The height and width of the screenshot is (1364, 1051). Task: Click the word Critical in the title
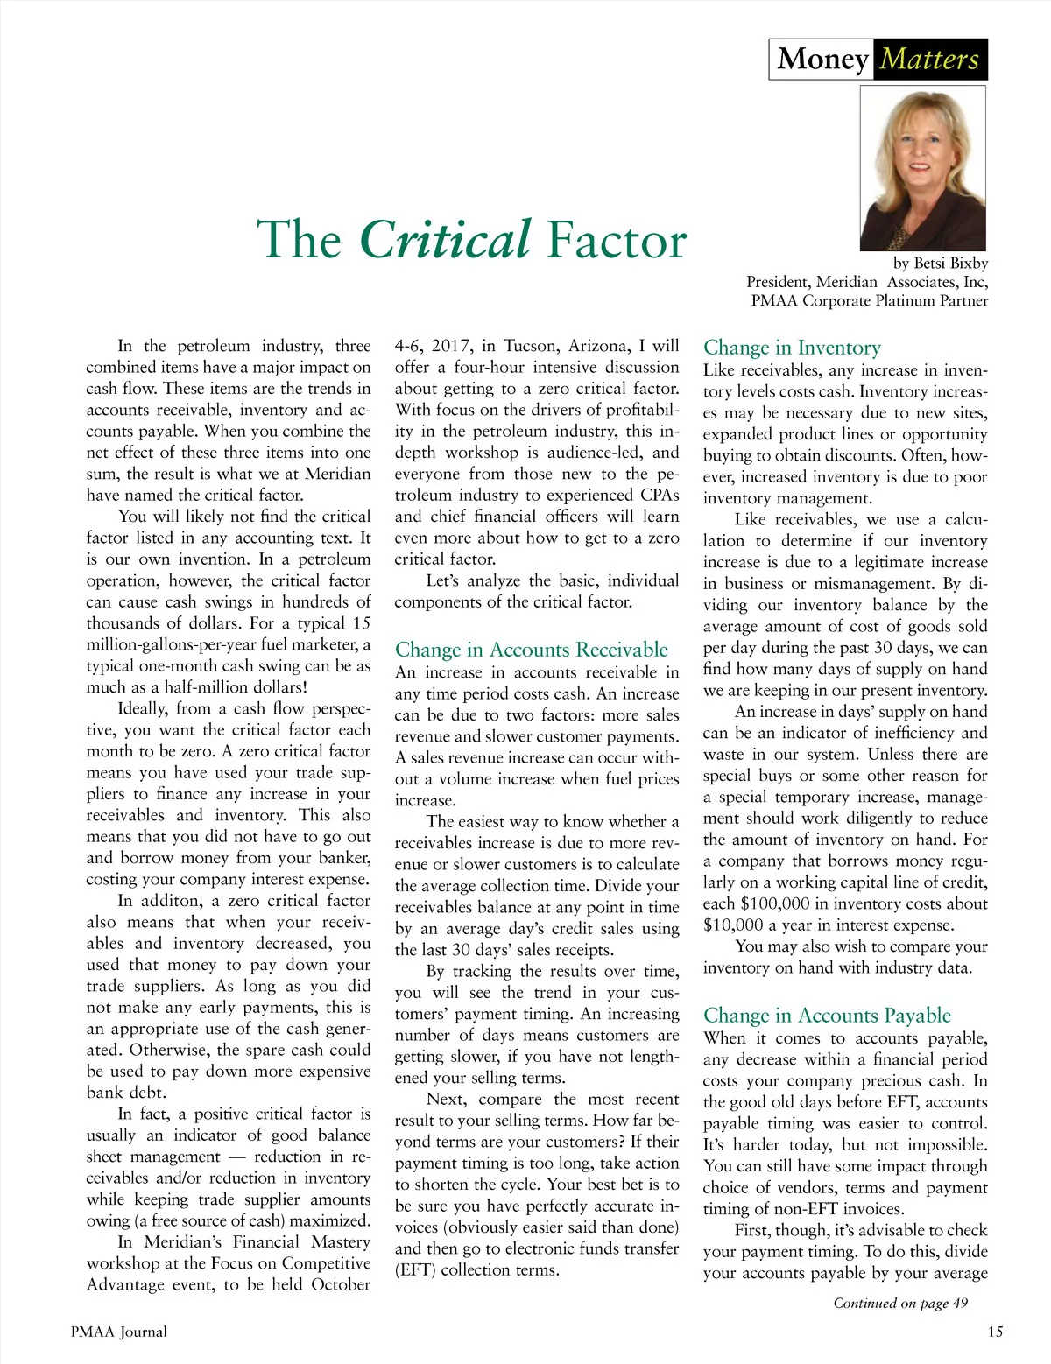pyautogui.click(x=445, y=240)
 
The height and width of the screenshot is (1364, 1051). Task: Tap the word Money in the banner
pyautogui.click(x=822, y=60)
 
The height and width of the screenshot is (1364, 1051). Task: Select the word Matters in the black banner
pyautogui.click(x=929, y=60)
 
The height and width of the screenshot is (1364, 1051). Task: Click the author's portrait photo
pyautogui.click(x=923, y=168)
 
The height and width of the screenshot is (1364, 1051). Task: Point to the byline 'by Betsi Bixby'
pyautogui.click(x=940, y=263)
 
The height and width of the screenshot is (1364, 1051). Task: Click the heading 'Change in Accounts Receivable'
pyautogui.click(x=531, y=650)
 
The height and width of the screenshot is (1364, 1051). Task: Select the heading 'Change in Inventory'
pyautogui.click(x=792, y=348)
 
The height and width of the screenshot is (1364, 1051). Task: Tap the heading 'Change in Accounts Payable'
pyautogui.click(x=827, y=1016)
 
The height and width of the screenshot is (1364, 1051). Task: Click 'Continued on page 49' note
pyautogui.click(x=900, y=1304)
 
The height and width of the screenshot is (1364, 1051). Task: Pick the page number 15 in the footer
pyautogui.click(x=995, y=1332)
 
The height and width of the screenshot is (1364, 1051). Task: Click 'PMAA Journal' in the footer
pyautogui.click(x=119, y=1332)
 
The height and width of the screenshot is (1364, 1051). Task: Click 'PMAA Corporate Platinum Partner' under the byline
pyautogui.click(x=869, y=301)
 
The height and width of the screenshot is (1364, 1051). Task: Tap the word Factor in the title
pyautogui.click(x=616, y=240)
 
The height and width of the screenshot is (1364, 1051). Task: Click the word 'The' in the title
pyautogui.click(x=299, y=240)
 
